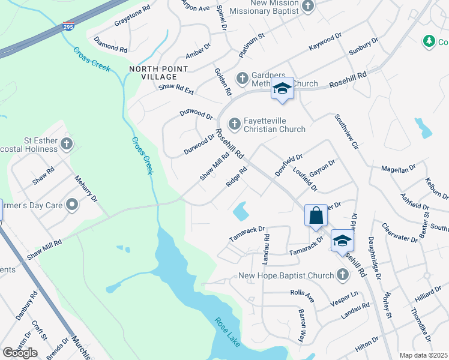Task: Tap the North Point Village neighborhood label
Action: point(153,73)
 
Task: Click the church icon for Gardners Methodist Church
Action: point(242,78)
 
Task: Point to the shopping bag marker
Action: point(316,215)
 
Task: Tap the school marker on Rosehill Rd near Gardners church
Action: point(282,89)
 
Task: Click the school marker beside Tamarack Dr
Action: point(342,241)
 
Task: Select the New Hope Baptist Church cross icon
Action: point(342,275)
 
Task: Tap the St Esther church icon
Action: point(67,144)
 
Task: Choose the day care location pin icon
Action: point(72,205)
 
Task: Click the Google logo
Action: point(20,353)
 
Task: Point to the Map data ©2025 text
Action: point(423,355)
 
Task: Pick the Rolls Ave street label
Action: point(302,296)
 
